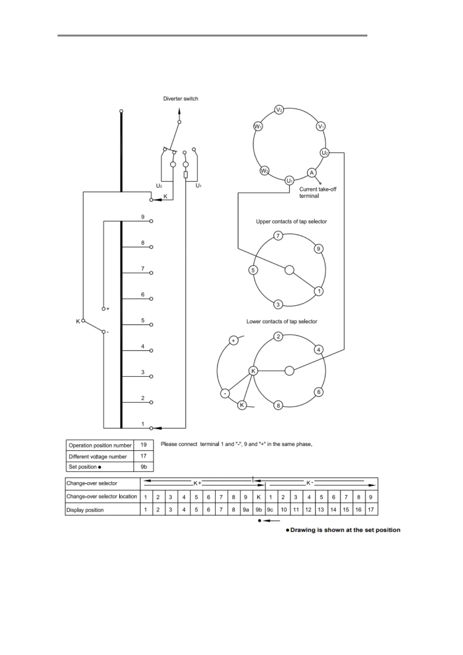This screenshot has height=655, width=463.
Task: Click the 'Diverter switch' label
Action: click(180, 99)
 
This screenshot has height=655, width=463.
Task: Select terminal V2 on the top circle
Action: click(279, 110)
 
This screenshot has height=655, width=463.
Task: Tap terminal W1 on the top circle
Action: click(258, 126)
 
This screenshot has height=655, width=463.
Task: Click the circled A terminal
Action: click(311, 172)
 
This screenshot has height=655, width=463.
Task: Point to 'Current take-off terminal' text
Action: click(317, 193)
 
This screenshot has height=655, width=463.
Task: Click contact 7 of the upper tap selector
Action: click(278, 236)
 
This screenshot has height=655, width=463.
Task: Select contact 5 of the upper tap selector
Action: click(253, 270)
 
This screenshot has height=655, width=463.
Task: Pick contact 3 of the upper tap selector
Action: click(278, 304)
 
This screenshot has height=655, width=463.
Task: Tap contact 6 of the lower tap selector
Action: click(319, 392)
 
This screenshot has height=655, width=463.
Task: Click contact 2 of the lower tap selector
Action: click(278, 336)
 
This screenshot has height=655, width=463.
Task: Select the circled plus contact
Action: click(233, 340)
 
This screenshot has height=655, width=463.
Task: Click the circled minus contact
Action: click(225, 394)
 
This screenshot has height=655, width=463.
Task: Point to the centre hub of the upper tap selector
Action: click(289, 270)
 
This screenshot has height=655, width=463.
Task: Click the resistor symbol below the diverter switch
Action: click(185, 175)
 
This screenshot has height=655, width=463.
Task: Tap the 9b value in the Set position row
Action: click(143, 467)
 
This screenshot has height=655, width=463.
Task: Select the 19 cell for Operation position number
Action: click(143, 445)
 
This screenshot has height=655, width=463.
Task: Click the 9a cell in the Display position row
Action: click(245, 510)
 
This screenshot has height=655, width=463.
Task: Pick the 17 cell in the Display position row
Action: click(370, 510)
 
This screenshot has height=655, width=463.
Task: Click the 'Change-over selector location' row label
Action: click(101, 496)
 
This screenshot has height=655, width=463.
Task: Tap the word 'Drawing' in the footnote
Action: click(302, 530)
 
